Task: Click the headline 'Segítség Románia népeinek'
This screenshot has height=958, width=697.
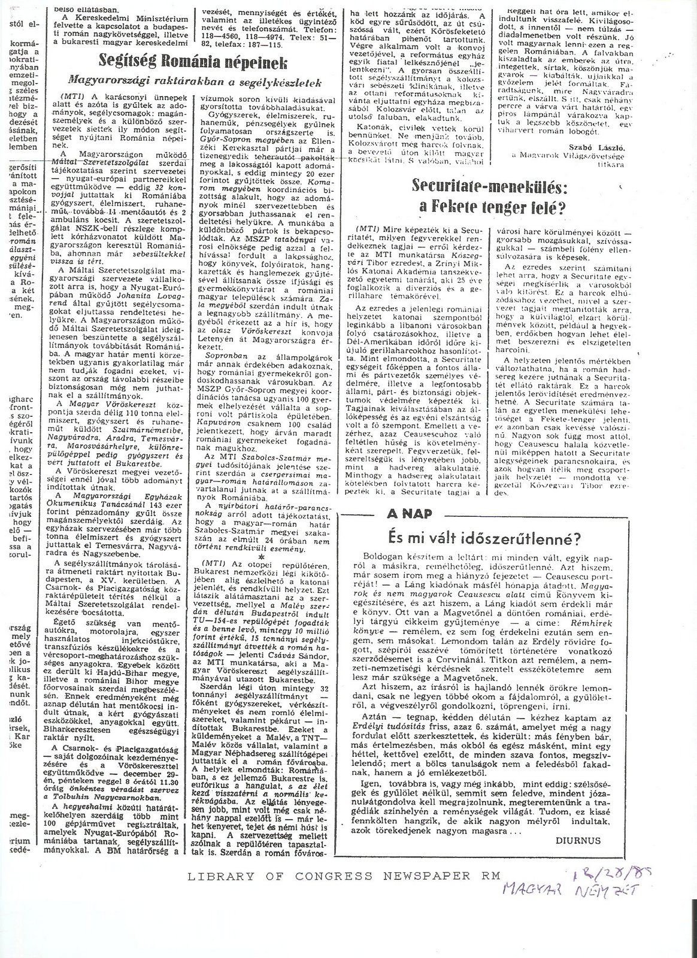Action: click(193, 63)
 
